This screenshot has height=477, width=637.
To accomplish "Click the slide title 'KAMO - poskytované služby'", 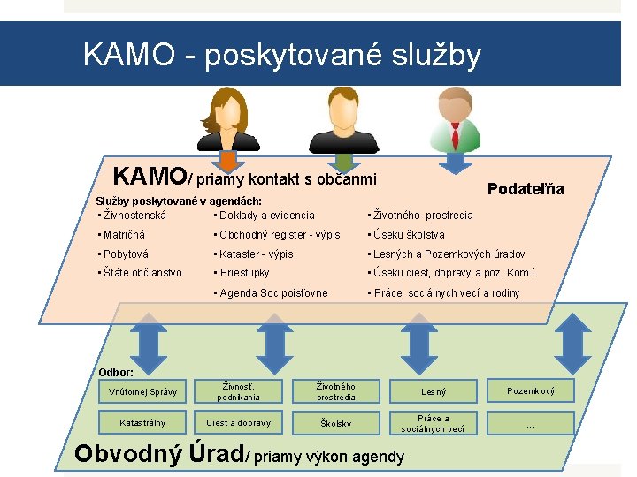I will tap(281, 55).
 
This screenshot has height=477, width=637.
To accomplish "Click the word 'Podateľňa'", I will tap(526, 189).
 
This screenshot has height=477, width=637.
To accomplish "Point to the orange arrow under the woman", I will tap(228, 160).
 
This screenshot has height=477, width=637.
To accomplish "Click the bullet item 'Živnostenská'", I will tap(134, 215).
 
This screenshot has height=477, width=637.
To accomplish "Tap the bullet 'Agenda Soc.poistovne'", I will tap(273, 292).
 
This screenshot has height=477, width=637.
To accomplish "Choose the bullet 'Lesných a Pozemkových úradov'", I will tap(449, 254).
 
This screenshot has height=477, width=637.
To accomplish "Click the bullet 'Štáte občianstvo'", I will tap(141, 273).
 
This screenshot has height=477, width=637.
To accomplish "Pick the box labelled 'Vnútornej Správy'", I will tap(142, 391).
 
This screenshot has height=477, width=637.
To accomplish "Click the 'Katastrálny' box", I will tap(142, 422).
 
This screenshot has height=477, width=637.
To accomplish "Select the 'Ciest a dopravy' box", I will tap(239, 422).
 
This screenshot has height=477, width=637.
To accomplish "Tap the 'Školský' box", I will tap(336, 422).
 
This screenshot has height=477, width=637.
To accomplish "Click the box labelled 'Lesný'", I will tap(434, 391).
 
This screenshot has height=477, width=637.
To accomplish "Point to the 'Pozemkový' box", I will tap(530, 390).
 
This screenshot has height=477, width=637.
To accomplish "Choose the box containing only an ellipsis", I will tap(530, 423).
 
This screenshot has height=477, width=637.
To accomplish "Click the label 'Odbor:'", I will tap(116, 372).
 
